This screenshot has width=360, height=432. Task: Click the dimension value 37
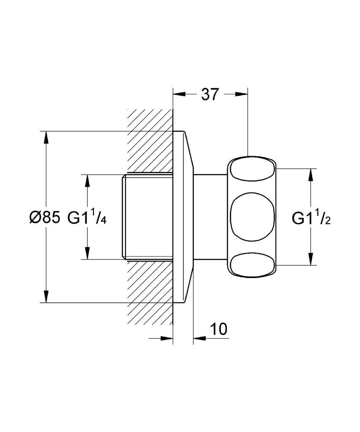click(209, 94)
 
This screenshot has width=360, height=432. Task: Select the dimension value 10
click(219, 329)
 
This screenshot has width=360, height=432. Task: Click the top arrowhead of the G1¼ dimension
click(87, 181)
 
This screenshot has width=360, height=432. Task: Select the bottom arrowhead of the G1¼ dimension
click(87, 253)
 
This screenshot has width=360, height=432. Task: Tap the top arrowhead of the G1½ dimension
click(311, 175)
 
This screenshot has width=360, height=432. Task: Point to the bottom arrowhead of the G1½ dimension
click(311, 259)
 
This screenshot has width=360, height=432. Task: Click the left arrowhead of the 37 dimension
click(179, 94)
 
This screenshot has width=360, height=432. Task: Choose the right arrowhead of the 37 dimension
click(241, 94)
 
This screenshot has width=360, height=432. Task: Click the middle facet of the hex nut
click(252, 217)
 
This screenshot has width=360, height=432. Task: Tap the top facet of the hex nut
click(252, 169)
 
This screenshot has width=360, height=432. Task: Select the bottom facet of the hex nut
click(252, 265)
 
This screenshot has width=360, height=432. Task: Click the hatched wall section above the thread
click(150, 141)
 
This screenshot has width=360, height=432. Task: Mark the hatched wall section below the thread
click(150, 292)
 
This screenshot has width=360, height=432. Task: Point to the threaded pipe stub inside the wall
click(147, 217)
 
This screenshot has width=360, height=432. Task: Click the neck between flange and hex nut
click(210, 217)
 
